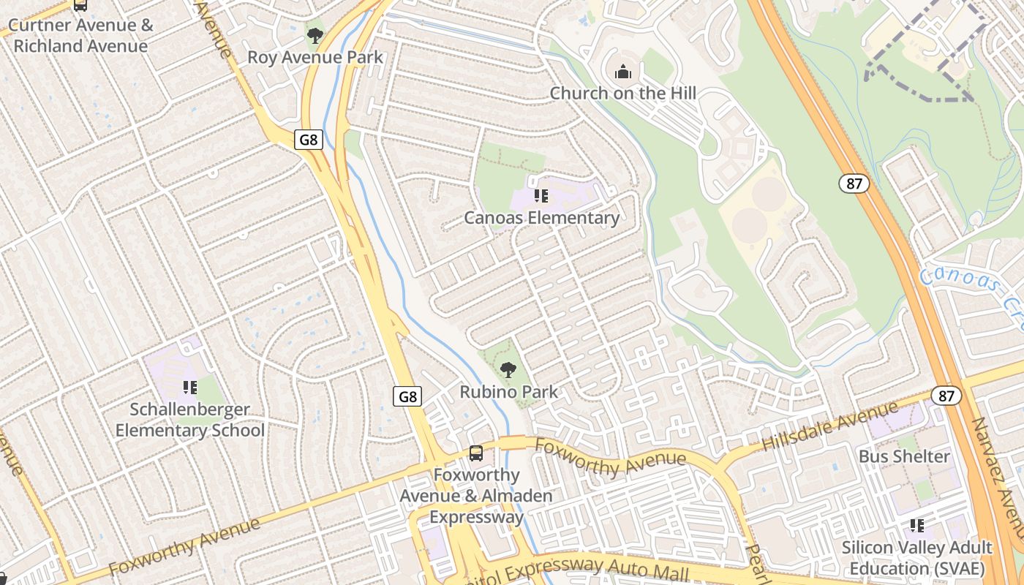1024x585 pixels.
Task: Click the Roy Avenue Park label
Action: pos(315,57)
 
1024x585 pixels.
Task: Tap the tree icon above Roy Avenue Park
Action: pos(315,35)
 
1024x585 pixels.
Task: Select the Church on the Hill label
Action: pos(622,93)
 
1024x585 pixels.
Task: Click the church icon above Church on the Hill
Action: pos(622,72)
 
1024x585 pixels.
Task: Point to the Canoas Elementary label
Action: pos(541,218)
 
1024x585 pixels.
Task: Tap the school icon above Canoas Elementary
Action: pos(541,196)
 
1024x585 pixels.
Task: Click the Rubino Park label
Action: pos(508,392)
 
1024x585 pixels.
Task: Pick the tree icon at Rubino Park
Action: pos(508,370)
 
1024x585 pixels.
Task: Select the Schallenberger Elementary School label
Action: pos(190,420)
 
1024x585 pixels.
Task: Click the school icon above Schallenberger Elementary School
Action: pos(190,388)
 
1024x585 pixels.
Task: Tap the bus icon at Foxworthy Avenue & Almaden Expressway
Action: pos(476,453)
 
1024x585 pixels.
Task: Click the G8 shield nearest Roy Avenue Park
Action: pos(309,140)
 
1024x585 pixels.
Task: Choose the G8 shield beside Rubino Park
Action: pos(407,396)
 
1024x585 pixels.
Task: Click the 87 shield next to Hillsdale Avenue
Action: pos(946,396)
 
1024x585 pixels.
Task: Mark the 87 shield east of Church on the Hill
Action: pos(854,184)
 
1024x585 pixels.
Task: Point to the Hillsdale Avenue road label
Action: pos(829,426)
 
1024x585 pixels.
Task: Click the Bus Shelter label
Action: pos(904,456)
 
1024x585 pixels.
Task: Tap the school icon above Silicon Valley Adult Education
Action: pos(916,525)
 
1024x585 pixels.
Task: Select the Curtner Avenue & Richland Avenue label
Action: pos(80,36)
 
